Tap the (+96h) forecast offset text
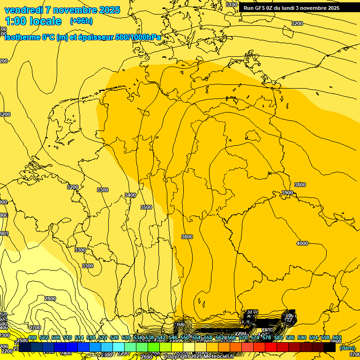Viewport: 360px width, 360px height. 81,21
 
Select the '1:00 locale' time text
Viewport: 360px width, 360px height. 33,21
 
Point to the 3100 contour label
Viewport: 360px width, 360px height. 232,5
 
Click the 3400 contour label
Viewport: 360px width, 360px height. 130,195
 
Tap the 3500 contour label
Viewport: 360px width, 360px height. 146,207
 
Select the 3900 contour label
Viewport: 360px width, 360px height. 287,193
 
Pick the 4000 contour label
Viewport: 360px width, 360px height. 302,243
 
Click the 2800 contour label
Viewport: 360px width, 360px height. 50,299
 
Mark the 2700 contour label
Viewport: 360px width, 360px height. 35,328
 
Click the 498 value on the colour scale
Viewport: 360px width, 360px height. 32,338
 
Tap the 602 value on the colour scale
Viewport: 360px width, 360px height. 337,338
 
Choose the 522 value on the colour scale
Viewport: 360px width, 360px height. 103,338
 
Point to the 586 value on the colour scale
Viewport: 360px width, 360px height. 290,338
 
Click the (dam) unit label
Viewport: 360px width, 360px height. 347,348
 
